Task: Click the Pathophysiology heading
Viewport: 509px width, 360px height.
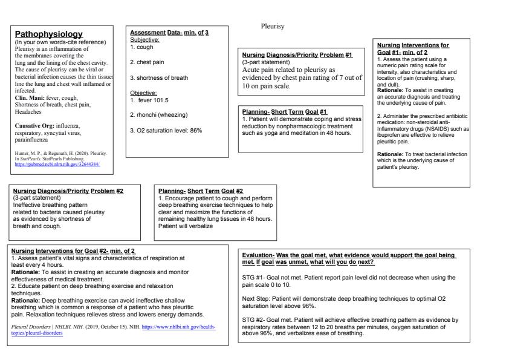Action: [x=48, y=34]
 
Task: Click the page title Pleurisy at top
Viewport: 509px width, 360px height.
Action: [x=272, y=27]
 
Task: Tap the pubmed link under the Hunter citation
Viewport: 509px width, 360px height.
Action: [x=57, y=164]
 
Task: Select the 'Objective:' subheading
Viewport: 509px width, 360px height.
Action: [x=143, y=93]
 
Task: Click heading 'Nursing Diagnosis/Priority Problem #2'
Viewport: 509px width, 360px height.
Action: [x=68, y=191]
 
